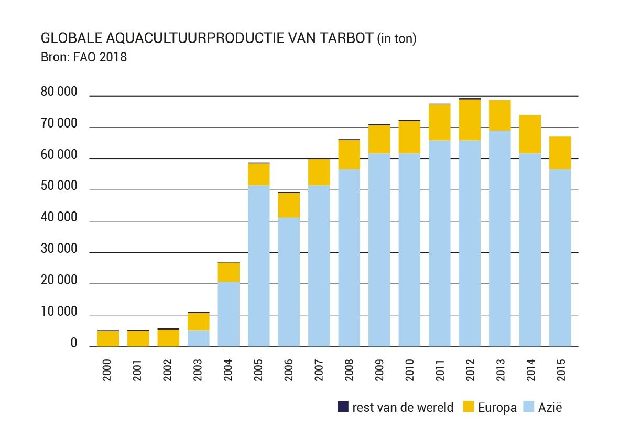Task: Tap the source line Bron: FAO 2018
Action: (84, 57)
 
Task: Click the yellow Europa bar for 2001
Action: (138, 338)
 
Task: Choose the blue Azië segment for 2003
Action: (198, 338)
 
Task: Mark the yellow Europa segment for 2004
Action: (229, 272)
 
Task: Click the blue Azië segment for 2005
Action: (259, 266)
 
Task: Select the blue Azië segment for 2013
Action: (500, 238)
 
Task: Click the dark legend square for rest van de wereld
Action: (343, 407)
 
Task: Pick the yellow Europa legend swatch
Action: (469, 407)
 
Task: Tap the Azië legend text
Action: (550, 407)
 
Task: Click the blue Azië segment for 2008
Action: (349, 258)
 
